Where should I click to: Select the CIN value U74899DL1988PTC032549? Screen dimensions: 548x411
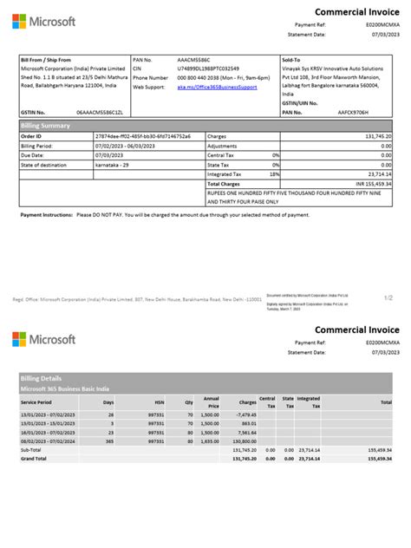tap(208, 68)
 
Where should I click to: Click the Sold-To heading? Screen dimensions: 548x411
tap(292, 60)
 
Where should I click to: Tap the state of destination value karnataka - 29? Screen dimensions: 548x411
tap(115, 164)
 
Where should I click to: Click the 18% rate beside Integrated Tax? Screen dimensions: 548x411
tap(276, 173)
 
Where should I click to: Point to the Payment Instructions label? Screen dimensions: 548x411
tap(46, 213)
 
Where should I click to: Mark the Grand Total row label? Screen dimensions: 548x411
tap(36, 458)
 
